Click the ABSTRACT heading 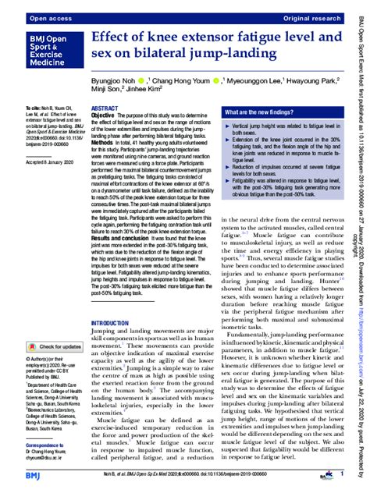pyautogui.click(x=105, y=109)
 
